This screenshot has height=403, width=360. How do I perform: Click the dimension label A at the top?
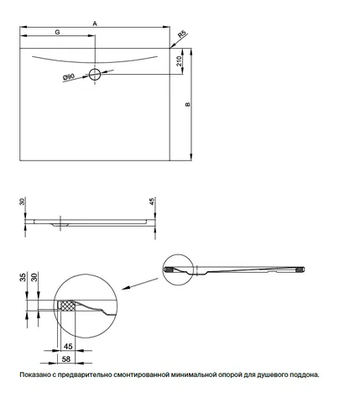[x=95, y=24]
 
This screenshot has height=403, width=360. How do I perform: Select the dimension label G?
[x=57, y=32]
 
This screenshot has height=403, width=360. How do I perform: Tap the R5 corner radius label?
[x=182, y=34]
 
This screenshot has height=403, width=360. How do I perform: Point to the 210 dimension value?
[x=179, y=60]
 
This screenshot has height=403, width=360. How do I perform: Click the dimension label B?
[x=188, y=104]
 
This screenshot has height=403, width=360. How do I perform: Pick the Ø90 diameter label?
[x=69, y=76]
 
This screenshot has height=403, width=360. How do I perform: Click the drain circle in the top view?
[x=95, y=75]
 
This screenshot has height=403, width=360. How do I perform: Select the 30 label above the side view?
[x=23, y=201]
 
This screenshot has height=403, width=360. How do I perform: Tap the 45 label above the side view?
[x=152, y=201]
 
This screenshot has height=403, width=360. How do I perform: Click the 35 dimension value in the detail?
[x=23, y=277]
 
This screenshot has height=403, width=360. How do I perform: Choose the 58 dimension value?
[x=66, y=359]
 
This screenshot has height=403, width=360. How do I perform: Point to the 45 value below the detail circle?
[x=68, y=346]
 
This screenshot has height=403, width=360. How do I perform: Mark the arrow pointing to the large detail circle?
[x=140, y=284]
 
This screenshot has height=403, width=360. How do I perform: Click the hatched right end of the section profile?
[x=300, y=270]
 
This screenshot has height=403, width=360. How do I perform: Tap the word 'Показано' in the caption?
[x=34, y=374]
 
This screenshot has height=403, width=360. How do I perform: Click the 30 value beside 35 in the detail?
[x=34, y=277]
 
